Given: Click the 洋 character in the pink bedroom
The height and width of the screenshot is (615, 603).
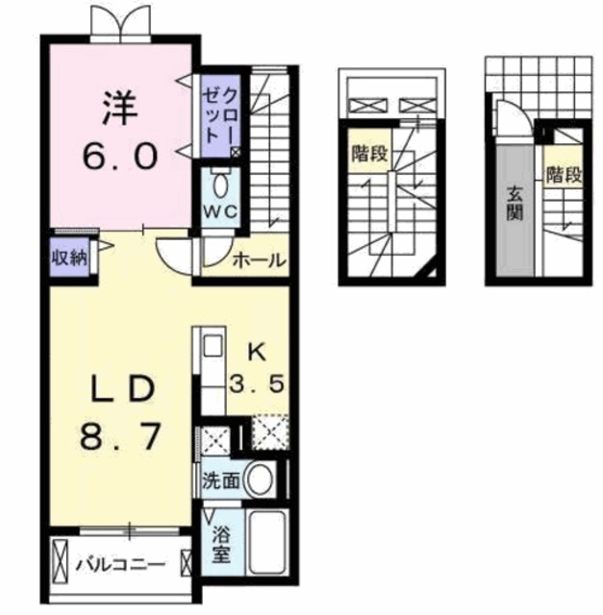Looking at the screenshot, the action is [120, 108].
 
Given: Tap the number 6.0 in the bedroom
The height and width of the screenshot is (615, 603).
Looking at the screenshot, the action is [120, 156].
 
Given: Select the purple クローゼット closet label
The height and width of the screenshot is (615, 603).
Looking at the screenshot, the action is [220, 115].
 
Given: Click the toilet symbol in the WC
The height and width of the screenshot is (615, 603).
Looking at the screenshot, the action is [221, 184].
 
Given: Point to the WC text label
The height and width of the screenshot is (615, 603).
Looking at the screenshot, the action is [220, 212].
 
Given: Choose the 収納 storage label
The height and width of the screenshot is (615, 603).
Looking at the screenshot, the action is [69, 258].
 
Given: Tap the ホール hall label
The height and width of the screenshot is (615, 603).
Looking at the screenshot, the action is [259, 260].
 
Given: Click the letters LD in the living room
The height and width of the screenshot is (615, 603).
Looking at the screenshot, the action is [122, 388].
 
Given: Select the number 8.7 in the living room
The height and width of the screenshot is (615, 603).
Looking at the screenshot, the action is [120, 436].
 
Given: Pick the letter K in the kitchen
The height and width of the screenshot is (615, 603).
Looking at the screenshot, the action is [257, 353].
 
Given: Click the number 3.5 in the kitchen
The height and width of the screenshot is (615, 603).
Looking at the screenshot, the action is [257, 383].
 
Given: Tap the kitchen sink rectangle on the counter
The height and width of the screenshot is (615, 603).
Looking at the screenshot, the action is [214, 346].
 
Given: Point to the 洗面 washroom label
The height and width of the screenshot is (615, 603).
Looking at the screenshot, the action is [220, 480].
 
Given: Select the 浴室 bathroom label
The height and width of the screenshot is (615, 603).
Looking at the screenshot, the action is [220, 544].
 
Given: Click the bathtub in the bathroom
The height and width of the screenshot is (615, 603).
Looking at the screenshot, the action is [267, 543].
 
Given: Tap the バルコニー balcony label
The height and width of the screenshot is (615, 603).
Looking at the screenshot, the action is [121, 565].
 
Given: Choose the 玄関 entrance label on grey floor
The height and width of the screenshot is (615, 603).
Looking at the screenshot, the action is [515, 203].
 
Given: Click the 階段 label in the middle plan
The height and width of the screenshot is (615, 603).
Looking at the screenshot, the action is [370, 153].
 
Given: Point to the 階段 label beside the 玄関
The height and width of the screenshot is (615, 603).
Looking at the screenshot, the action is [564, 175].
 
